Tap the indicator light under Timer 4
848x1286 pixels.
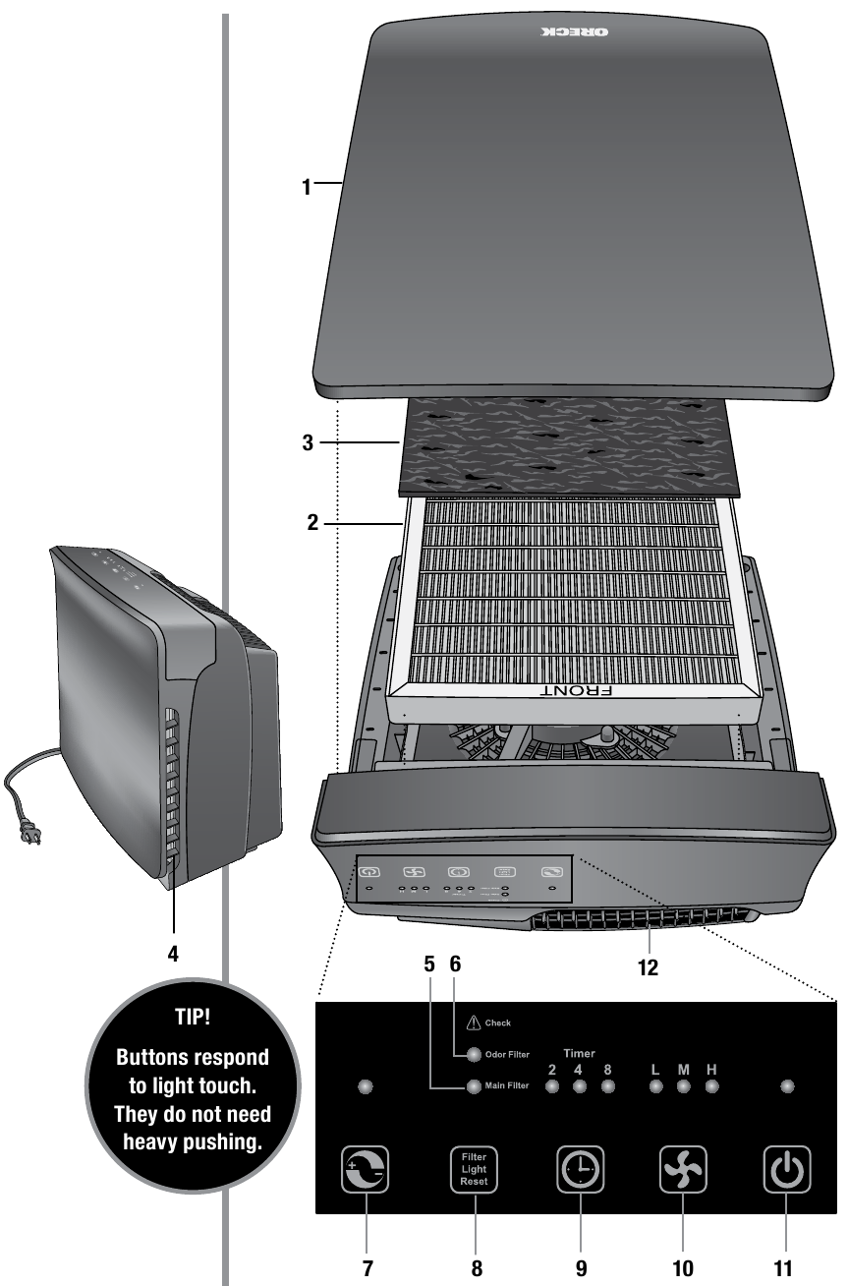click(580, 1087)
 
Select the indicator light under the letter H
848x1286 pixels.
click(711, 1087)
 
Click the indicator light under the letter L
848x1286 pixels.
click(656, 1087)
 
